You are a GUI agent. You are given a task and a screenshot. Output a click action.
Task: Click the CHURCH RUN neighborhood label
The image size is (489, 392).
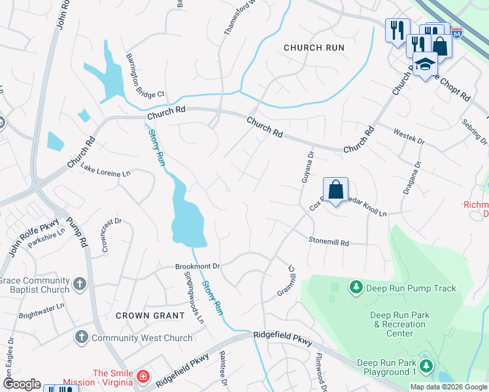pyautogui.click(x=314, y=48)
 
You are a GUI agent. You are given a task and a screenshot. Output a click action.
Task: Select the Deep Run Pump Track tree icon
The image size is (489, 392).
pyautogui.click(x=356, y=287)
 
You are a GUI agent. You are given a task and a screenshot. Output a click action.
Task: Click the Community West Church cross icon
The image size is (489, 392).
pyautogui.click(x=81, y=337)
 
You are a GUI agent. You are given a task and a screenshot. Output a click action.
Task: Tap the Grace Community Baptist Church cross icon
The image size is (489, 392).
pyautogui.click(x=79, y=284)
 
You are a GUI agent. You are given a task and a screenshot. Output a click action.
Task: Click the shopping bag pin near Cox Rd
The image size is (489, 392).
pyautogui.click(x=335, y=190)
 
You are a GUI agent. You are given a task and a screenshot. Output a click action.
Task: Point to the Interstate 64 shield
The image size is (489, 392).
pyautogui.click(x=457, y=31)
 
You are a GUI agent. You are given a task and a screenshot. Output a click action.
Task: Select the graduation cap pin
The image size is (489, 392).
pyautogui.click(x=426, y=65)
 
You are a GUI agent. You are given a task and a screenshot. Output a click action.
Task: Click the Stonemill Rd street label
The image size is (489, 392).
pyautogui.click(x=329, y=241)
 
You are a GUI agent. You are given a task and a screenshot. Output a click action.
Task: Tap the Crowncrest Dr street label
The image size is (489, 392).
pyautogui.click(x=110, y=234)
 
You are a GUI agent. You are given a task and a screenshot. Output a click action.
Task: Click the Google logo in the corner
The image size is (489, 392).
pyautogui.click(x=22, y=384)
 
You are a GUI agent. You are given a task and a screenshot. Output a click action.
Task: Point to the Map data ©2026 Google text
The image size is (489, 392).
pyautogui.click(x=448, y=387)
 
